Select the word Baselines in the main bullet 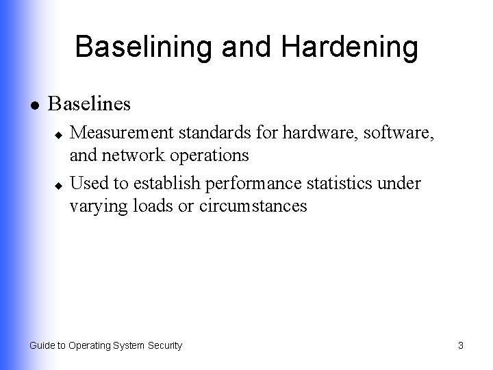coord(89,105)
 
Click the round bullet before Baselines coord(32,106)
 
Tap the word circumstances coord(253,206)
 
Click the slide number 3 coord(461,346)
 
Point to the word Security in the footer coord(164,346)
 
